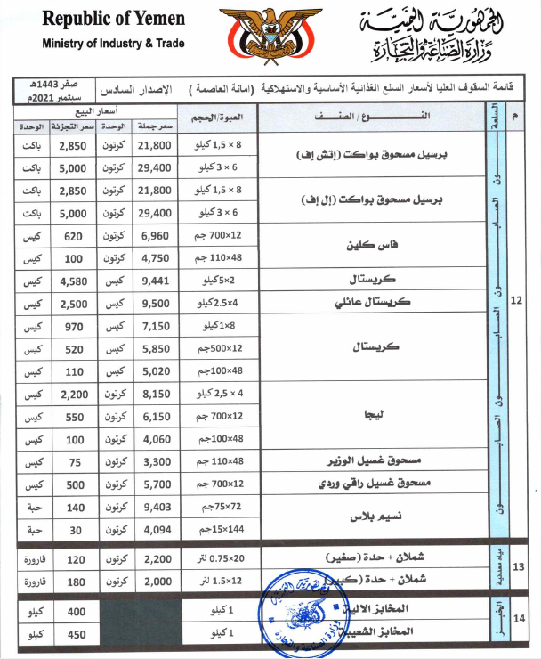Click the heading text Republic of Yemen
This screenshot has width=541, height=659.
[x=113, y=19]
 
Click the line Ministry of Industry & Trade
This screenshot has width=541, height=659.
[x=112, y=43]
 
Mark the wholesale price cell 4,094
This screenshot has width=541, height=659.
[x=155, y=531]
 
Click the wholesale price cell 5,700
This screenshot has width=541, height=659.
[x=155, y=485]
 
